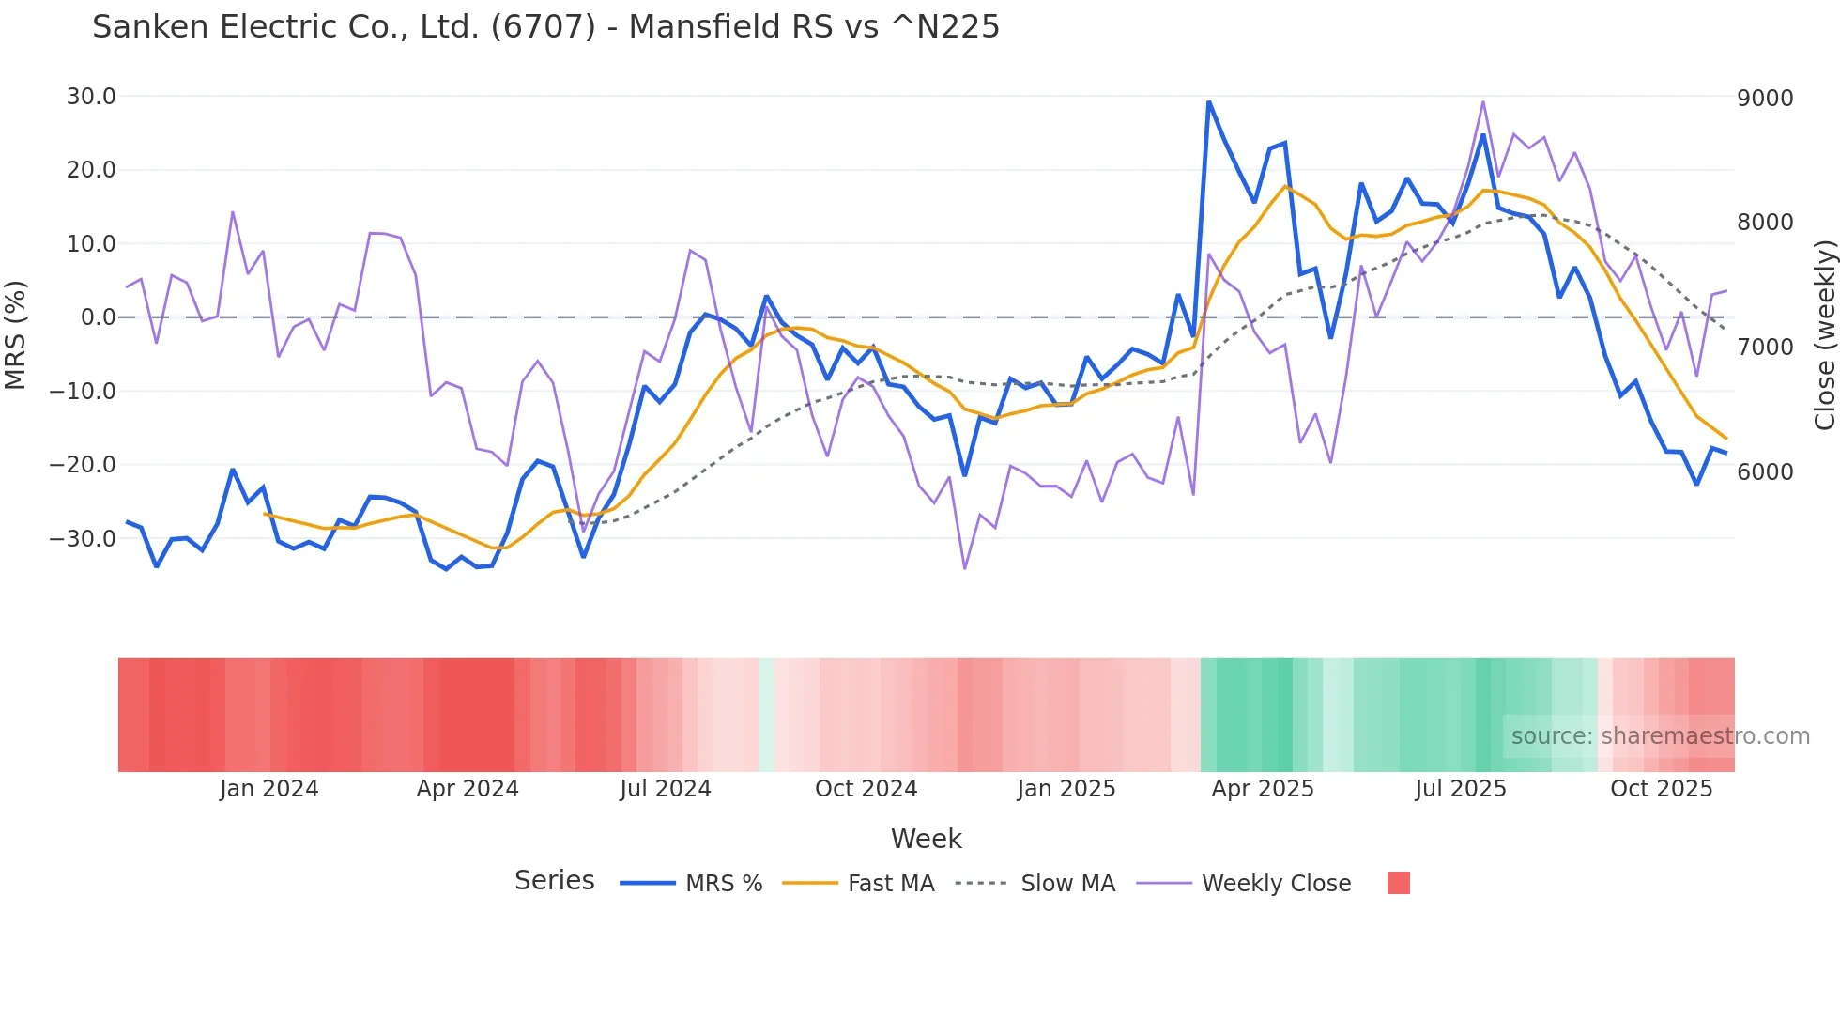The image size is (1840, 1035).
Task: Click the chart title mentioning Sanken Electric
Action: [x=545, y=27]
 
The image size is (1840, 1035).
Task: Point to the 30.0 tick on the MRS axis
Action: [x=91, y=97]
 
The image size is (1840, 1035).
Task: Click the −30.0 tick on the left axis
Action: [x=84, y=539]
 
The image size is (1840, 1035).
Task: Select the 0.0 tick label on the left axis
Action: [x=98, y=317]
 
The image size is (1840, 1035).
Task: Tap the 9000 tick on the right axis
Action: [x=1765, y=99]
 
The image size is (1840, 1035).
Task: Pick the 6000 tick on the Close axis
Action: [x=1765, y=472]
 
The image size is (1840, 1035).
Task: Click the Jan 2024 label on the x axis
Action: [x=269, y=789]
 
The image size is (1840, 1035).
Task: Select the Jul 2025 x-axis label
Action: [x=1461, y=789]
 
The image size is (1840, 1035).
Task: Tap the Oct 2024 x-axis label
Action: [x=866, y=789]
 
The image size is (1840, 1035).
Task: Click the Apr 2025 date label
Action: [x=1263, y=789]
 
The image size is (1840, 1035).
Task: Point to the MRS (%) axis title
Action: [x=16, y=334]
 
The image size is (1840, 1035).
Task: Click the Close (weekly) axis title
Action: [x=1824, y=335]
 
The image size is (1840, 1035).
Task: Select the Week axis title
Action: [x=926, y=839]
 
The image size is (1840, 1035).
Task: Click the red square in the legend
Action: [x=1398, y=883]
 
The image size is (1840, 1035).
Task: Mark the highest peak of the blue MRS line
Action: [x=1209, y=101]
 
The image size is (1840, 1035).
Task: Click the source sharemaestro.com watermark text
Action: [x=1660, y=736]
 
